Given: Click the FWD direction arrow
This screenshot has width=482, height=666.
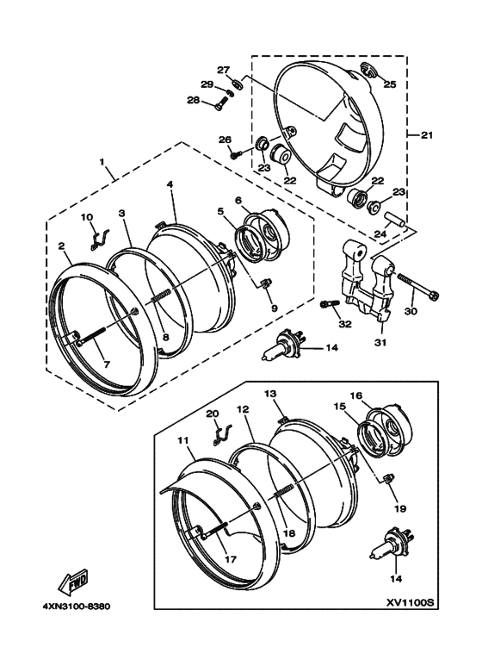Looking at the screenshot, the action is pos(75,582).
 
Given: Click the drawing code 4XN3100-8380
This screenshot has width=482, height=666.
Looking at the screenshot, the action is pos(77,606).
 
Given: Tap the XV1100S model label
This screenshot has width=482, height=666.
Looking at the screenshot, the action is pos(410,603).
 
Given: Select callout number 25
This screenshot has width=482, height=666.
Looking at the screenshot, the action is pos(390,84).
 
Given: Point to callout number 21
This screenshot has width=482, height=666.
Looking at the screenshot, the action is pos(426,135).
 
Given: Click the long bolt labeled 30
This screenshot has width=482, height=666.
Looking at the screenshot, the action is pos(418,286).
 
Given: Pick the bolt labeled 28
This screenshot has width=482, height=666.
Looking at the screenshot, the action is pos(222,103).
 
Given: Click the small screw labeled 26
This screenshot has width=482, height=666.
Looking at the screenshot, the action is pos(236,154).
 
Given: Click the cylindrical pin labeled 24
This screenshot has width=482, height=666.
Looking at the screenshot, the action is pos(395,219).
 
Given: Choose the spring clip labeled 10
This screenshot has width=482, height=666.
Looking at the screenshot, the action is pos(100,239).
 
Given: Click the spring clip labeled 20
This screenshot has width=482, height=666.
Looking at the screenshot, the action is pos(223,434).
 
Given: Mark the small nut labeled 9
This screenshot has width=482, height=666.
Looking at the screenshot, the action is pos(265,283).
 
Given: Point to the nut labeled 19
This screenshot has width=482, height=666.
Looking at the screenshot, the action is pos(386,479).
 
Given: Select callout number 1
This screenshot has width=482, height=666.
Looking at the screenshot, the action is pos(102,162).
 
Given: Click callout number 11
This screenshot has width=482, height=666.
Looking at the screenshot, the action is pos(182,441).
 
